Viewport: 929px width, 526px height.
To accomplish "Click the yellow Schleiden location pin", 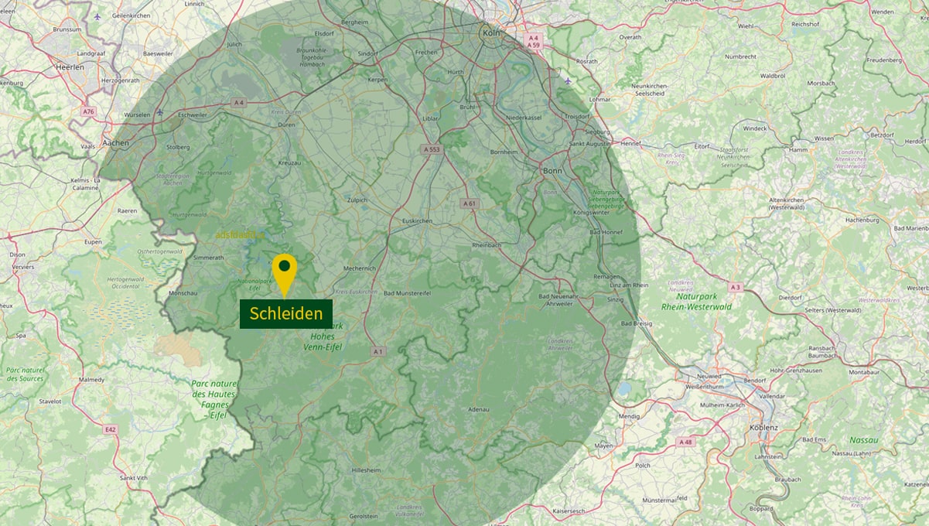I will click(x=285, y=271).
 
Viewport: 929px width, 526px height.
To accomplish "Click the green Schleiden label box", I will click(x=286, y=314).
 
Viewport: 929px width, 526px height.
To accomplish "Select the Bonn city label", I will click(x=552, y=170).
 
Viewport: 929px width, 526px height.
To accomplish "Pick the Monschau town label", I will click(x=183, y=294).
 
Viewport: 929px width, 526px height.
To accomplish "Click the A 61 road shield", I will click(x=469, y=203).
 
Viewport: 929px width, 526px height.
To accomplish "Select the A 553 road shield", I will click(x=432, y=149).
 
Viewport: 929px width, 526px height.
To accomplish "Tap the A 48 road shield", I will click(x=685, y=442).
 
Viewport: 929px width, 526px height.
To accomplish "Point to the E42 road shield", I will click(x=110, y=429).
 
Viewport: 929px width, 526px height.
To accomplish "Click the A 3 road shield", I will click(x=734, y=288).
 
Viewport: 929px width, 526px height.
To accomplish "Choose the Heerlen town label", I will click(x=70, y=67).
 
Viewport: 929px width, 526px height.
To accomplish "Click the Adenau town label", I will click(x=480, y=409).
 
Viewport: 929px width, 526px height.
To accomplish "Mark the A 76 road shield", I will click(x=88, y=111).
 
